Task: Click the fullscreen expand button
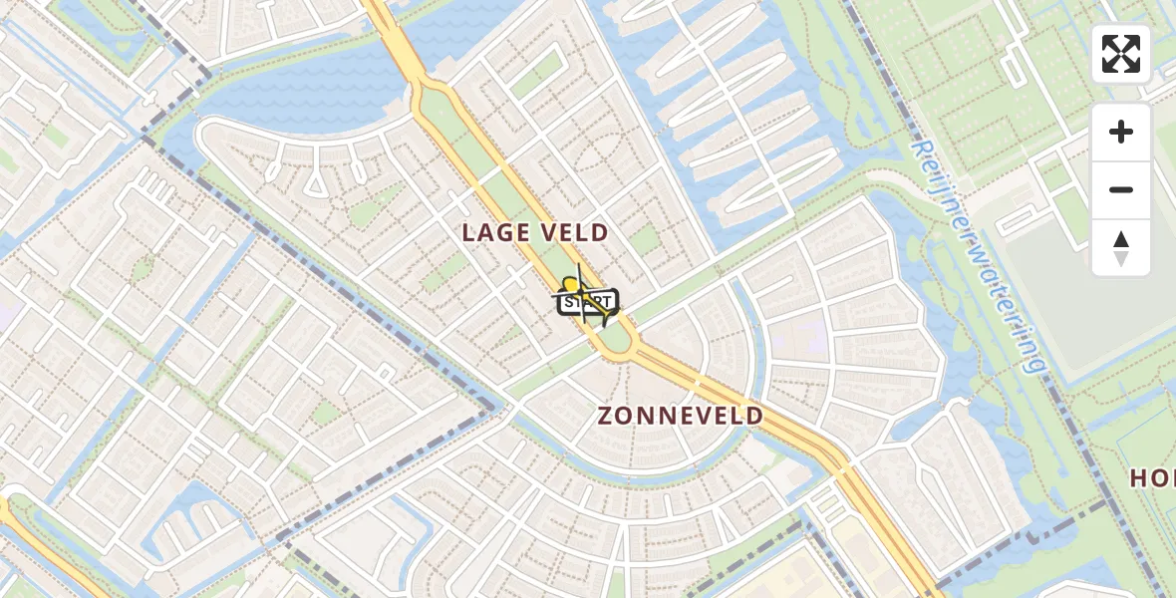1121,54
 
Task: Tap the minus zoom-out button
1121,189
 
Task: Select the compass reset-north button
1121,247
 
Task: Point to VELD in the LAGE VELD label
571,233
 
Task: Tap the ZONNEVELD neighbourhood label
681,417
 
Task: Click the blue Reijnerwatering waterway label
978,255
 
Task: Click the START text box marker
586,303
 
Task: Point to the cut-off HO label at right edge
1152,478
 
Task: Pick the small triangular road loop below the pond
315,181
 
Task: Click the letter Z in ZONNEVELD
606,417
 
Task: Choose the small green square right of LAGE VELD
644,239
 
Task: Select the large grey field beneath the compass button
1086,299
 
